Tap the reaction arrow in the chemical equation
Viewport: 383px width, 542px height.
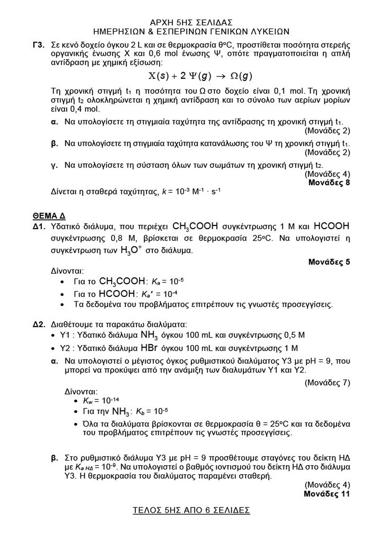click(x=221, y=76)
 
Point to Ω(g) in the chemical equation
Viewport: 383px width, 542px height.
click(x=241, y=76)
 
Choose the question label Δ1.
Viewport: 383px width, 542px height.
click(x=39, y=227)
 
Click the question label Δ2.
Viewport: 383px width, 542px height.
click(x=39, y=324)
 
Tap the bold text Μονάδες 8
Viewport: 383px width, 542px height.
click(x=329, y=182)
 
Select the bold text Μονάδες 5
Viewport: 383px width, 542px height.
click(x=329, y=262)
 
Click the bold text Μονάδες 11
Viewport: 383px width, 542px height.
click(x=327, y=494)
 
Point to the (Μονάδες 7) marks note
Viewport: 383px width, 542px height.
click(x=327, y=383)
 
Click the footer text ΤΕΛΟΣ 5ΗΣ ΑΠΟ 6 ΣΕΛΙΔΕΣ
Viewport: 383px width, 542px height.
click(x=191, y=511)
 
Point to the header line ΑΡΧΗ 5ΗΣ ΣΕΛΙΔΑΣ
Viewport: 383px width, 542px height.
click(x=191, y=23)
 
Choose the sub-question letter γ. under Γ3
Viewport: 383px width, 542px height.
click(x=54, y=165)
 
